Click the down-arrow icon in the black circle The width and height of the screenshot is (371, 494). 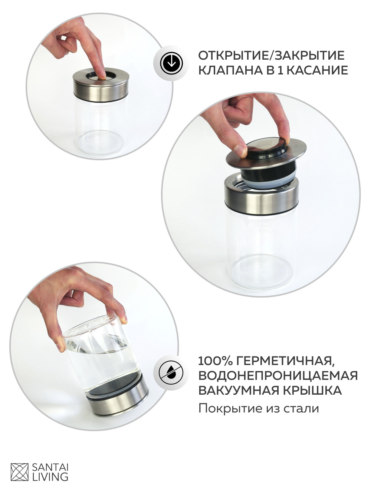[171, 63]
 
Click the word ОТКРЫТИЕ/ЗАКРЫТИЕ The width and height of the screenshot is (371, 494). [271, 56]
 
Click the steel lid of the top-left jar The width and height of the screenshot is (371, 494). [101, 86]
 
